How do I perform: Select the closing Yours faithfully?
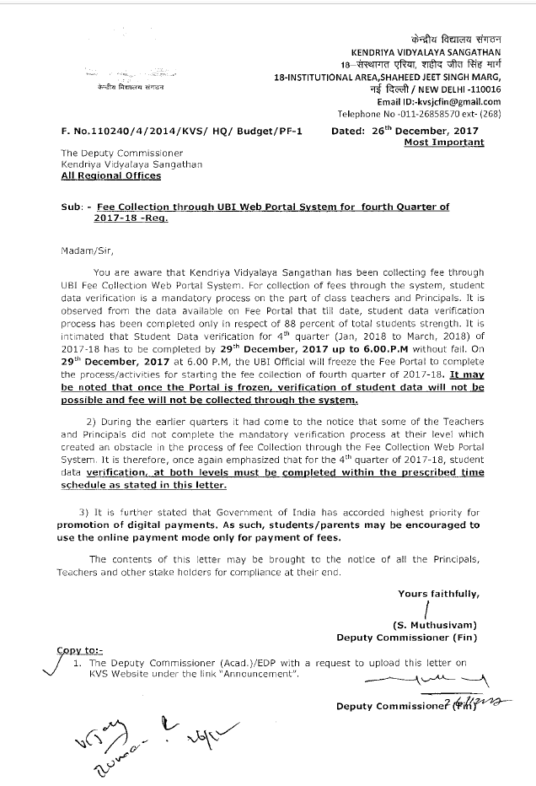point(438,594)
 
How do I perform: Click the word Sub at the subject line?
point(70,207)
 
